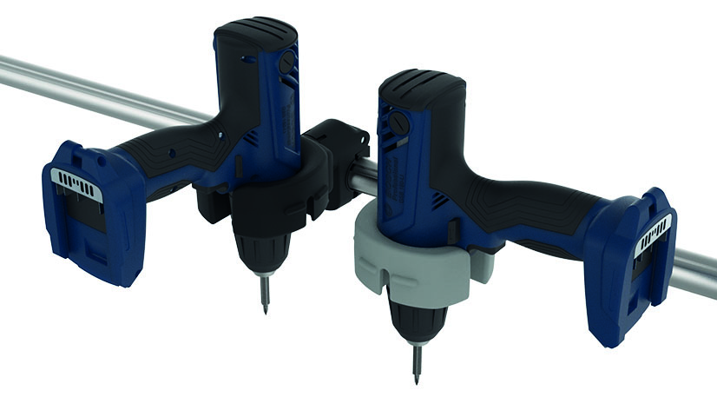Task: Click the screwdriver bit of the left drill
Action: pyautogui.click(x=263, y=292)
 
